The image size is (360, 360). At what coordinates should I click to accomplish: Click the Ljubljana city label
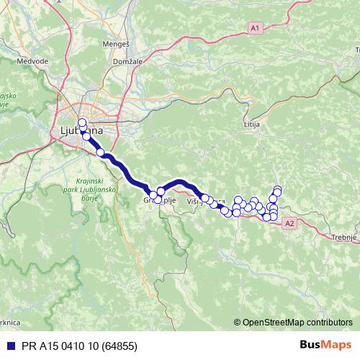tap(76, 132)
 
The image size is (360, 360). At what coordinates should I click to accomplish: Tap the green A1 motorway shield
tap(254, 27)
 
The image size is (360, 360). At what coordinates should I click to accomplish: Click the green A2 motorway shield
tap(289, 225)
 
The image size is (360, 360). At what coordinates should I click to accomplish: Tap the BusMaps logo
tap(326, 346)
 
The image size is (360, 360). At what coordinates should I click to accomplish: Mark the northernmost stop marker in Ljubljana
tap(81, 122)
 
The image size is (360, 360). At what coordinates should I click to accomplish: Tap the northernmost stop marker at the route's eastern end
tap(277, 189)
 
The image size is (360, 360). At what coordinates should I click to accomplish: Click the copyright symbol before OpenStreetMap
tap(238, 323)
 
